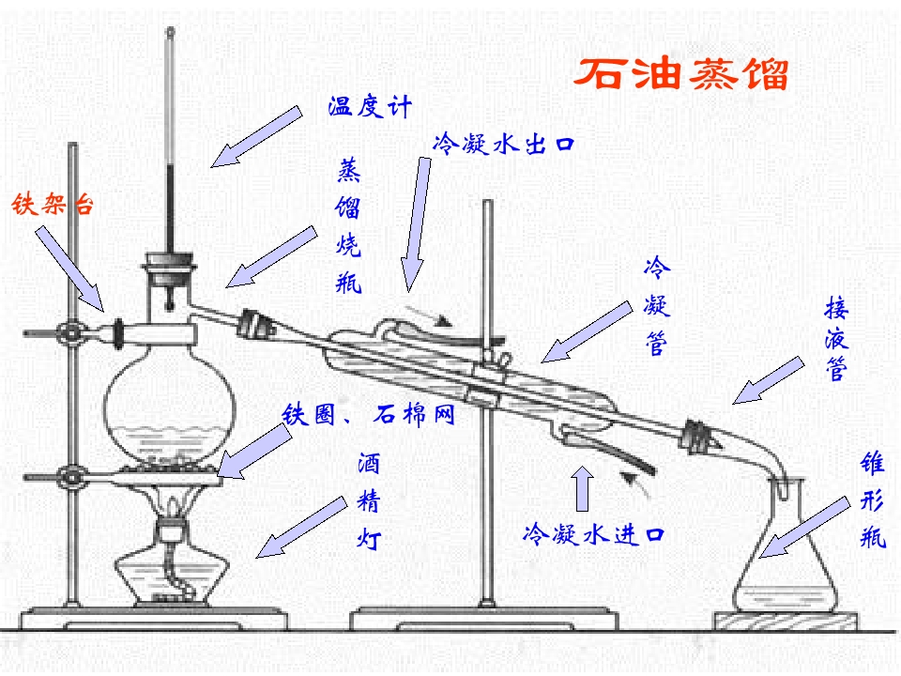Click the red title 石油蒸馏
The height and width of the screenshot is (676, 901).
(x=681, y=73)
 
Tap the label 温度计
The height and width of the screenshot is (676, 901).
(x=371, y=106)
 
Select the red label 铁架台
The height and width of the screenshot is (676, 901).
(x=53, y=204)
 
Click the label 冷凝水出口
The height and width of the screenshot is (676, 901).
(x=503, y=144)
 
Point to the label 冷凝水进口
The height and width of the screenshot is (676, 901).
(x=593, y=534)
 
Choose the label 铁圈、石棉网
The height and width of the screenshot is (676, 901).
(x=368, y=414)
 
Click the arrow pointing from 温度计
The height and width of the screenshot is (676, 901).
(x=256, y=137)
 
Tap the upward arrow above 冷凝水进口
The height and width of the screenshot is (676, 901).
(x=583, y=487)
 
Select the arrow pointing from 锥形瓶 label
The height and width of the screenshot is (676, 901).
(x=804, y=527)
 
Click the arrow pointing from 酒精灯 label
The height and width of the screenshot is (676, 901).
(x=301, y=527)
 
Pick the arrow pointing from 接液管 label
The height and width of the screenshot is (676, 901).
(x=769, y=380)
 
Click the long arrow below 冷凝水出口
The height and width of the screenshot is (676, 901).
(x=415, y=224)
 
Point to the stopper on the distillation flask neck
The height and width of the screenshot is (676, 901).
(x=170, y=269)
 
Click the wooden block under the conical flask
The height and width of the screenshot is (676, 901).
(x=786, y=621)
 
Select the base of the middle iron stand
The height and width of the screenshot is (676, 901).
(x=484, y=619)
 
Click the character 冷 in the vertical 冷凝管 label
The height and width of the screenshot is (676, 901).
(x=657, y=268)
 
